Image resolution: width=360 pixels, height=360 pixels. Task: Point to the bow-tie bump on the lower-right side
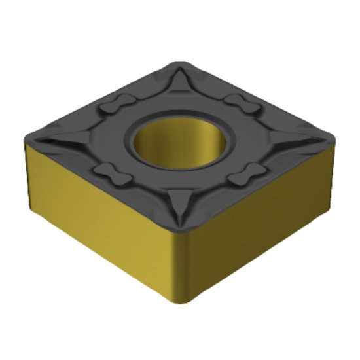pos(247,173)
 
